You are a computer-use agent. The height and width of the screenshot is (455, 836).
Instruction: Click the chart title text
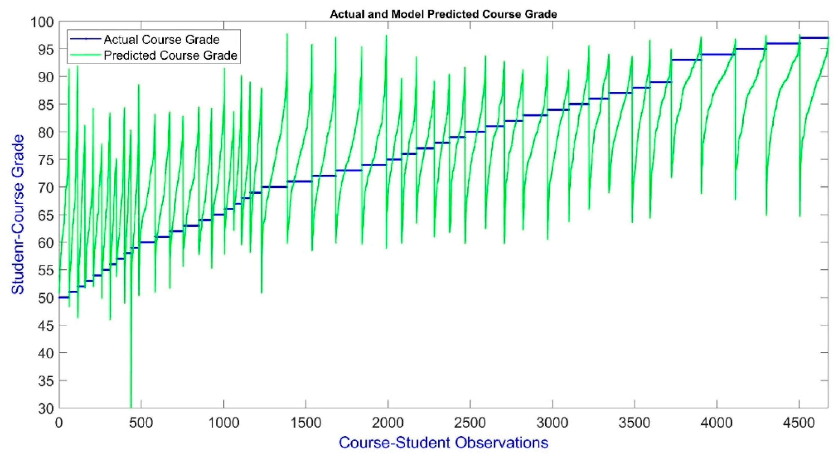pyautogui.click(x=443, y=14)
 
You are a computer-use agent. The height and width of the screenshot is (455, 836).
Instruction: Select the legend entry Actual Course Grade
pyautogui.click(x=161, y=39)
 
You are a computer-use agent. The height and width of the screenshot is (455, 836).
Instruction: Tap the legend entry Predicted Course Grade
pyautogui.click(x=170, y=55)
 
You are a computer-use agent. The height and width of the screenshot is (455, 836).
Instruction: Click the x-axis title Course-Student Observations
pyautogui.click(x=443, y=442)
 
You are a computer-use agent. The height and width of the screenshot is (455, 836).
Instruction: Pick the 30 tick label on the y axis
pyautogui.click(x=46, y=408)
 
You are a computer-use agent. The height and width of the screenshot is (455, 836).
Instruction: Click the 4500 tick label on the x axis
pyautogui.click(x=799, y=423)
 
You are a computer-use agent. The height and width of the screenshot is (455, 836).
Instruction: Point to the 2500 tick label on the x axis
pyautogui.click(x=470, y=423)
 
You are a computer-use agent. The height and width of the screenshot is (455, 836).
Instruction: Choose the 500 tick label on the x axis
pyautogui.click(x=141, y=423)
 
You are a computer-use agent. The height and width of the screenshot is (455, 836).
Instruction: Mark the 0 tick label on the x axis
pyautogui.click(x=59, y=423)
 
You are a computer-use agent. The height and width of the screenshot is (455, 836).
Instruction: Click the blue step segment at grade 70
pyautogui.click(x=274, y=187)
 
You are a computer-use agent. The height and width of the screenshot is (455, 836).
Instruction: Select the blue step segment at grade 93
pyautogui.click(x=686, y=60)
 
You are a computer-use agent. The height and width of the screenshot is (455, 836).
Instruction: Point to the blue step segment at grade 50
pyautogui.click(x=63, y=297)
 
